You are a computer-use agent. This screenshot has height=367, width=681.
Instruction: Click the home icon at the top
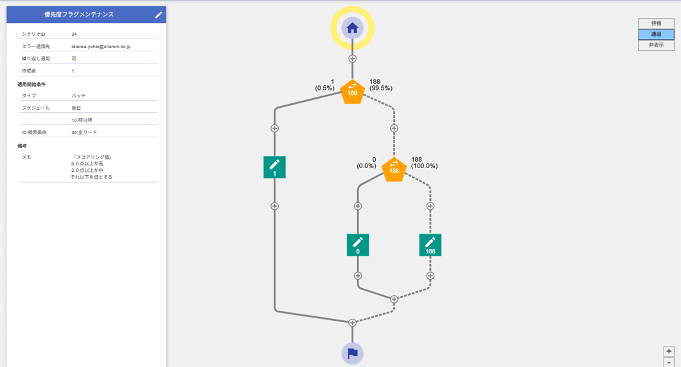point(352,28)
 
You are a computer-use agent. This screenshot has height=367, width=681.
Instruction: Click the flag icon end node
point(352,354)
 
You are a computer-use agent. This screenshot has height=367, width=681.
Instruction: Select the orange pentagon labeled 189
point(352,92)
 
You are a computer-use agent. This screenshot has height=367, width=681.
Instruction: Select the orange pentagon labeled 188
point(394,169)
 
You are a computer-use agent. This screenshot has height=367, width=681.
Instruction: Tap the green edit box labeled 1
point(274,167)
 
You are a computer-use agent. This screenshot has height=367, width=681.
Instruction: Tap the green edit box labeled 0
point(358,244)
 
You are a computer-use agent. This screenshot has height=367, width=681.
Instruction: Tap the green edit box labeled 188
point(430,244)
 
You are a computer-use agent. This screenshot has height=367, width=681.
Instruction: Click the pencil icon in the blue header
point(159,15)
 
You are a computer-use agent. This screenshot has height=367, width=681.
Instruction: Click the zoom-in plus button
point(669,352)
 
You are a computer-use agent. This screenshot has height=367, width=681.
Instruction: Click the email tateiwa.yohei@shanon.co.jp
point(101,47)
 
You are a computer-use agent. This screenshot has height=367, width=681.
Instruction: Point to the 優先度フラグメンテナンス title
point(79,15)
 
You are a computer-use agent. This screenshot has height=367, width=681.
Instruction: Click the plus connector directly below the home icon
point(352,59)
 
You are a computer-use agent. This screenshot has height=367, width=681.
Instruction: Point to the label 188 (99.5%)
point(381,85)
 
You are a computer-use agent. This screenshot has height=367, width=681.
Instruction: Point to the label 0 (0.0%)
point(366,162)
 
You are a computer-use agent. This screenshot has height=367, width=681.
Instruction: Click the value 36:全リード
point(84,132)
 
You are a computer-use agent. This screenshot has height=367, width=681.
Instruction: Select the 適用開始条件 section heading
point(31,85)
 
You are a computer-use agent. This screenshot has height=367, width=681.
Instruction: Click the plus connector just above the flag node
point(352,323)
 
